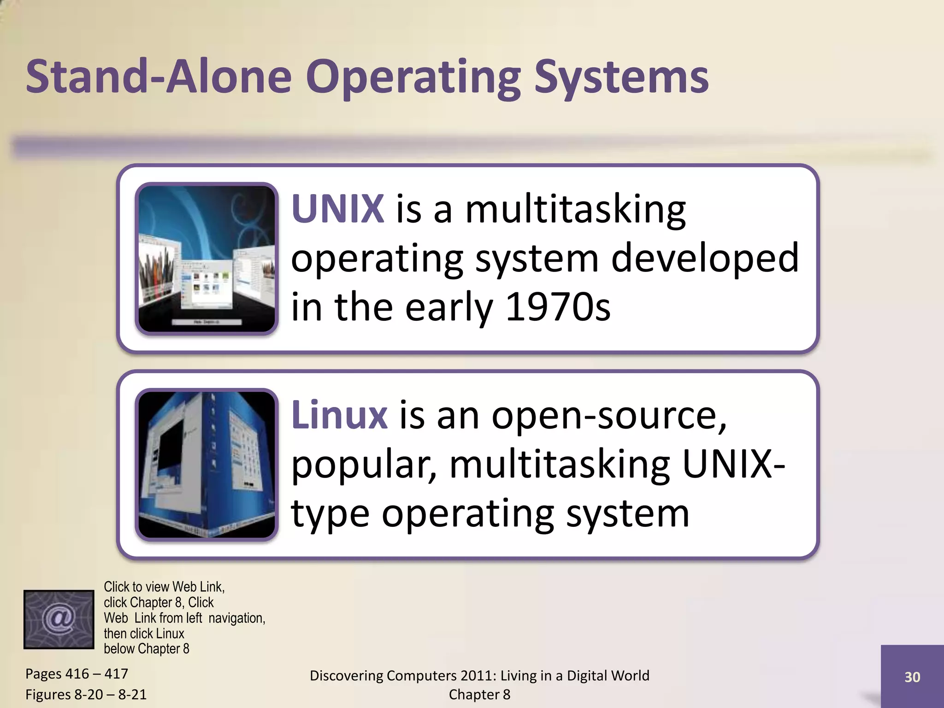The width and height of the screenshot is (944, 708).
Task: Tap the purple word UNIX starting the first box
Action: click(337, 209)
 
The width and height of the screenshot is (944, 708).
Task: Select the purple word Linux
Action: click(339, 415)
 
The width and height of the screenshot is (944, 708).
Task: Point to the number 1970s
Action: click(558, 307)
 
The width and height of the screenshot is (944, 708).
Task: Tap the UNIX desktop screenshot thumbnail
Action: click(206, 259)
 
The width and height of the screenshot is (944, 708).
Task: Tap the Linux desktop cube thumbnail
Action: click(206, 465)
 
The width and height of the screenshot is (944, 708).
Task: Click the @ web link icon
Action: click(59, 619)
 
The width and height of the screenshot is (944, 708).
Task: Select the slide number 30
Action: click(912, 677)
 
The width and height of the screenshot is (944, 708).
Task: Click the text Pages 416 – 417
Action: click(77, 674)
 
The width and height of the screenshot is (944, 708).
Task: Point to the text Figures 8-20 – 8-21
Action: click(86, 694)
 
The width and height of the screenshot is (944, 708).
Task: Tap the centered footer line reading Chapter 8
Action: click(479, 694)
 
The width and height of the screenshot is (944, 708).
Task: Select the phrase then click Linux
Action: click(144, 633)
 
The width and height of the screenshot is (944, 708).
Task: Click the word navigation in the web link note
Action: click(236, 618)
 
